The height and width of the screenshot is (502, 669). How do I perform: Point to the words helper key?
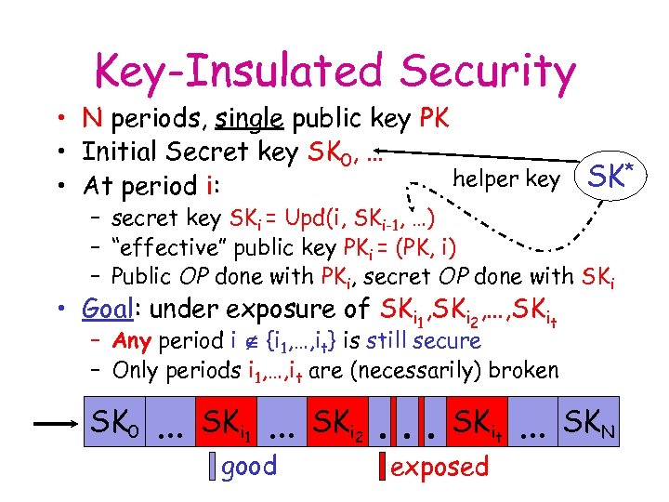click(x=505, y=179)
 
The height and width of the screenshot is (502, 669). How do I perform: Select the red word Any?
click(x=132, y=341)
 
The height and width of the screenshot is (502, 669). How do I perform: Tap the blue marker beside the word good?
click(x=214, y=466)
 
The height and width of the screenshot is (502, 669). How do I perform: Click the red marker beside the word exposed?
click(x=382, y=466)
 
